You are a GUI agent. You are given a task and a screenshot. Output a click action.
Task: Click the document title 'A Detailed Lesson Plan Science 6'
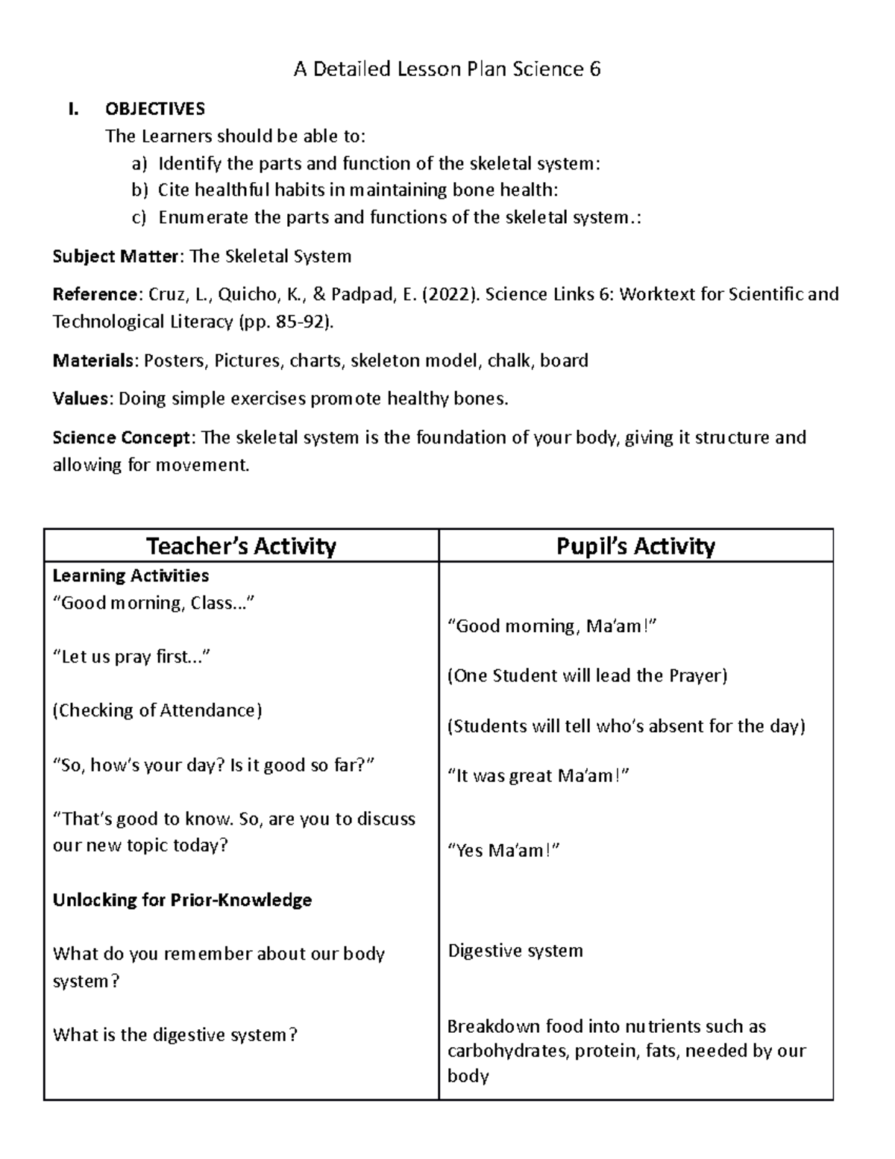coord(447,69)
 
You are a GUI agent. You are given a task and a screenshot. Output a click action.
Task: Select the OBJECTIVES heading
coord(154,109)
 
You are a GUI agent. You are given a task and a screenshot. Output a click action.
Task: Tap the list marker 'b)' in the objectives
coord(140,190)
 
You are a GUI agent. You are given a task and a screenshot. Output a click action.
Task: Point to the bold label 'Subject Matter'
coord(116,257)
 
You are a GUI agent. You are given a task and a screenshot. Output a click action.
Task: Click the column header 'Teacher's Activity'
coord(241,546)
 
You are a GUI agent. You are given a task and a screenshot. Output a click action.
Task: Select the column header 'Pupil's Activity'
coord(635,546)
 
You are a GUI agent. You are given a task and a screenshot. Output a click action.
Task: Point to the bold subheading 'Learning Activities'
coord(131,575)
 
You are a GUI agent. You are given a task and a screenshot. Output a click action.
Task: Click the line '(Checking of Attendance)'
coord(157,710)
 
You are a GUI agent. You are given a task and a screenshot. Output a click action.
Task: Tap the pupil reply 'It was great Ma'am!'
coord(538,775)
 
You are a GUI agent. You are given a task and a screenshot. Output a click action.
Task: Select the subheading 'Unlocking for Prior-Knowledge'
coord(182,900)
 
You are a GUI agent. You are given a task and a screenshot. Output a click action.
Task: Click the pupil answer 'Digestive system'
coord(515,951)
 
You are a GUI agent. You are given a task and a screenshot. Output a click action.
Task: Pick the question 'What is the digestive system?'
coord(175,1035)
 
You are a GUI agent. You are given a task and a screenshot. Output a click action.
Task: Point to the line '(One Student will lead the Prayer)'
coord(587,675)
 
